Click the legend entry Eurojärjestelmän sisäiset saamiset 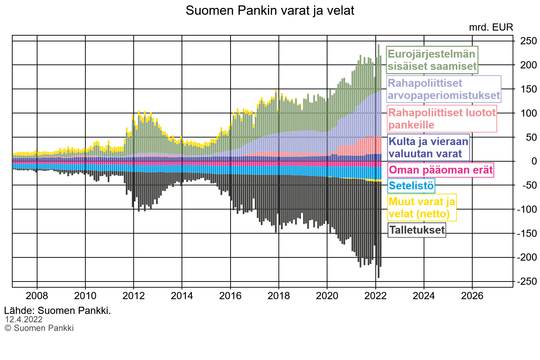[432, 60]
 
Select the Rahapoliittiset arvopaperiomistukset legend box [443, 89]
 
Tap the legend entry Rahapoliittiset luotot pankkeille [442, 119]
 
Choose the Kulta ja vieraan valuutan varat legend [428, 148]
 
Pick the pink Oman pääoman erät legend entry [441, 170]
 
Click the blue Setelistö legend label [411, 186]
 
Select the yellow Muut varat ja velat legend [422, 207]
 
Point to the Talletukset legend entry [417, 230]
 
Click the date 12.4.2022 [24, 320]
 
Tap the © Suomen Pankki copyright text [39, 328]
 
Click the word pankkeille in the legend [411, 125]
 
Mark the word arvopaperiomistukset [443, 95]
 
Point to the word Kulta [402, 141]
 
